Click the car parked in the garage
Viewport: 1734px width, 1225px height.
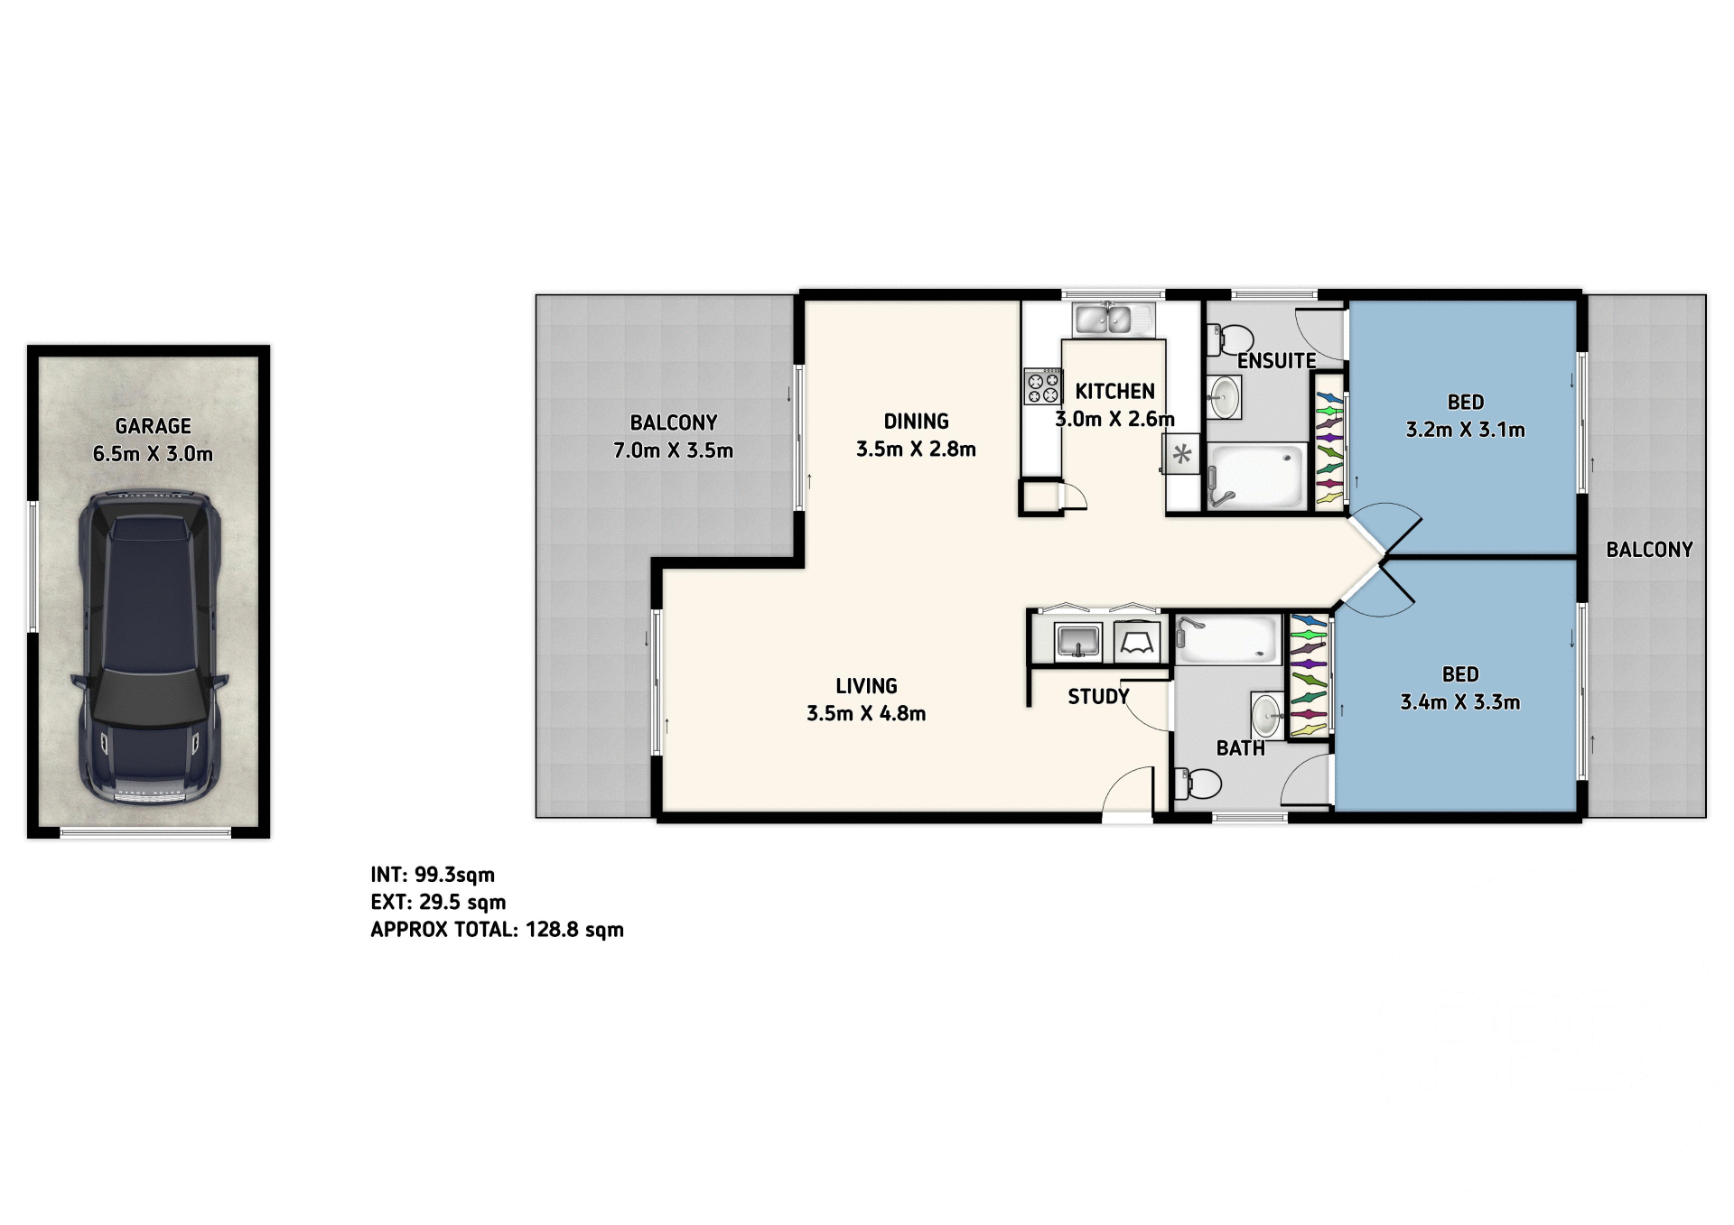pyautogui.click(x=150, y=647)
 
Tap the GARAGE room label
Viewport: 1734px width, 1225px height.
pyautogui.click(x=153, y=426)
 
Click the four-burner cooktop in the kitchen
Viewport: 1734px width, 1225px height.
pyautogui.click(x=1043, y=386)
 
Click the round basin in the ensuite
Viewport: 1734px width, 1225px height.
pyautogui.click(x=1225, y=396)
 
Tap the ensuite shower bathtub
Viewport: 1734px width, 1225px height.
pyautogui.click(x=1256, y=477)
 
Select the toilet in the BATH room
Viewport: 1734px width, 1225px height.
pyautogui.click(x=1196, y=782)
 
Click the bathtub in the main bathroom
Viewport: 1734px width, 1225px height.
pyautogui.click(x=1228, y=638)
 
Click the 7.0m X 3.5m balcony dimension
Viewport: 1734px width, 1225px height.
pyautogui.click(x=673, y=450)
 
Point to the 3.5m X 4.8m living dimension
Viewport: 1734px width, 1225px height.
pyautogui.click(x=865, y=714)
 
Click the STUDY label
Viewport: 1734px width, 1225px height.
pyautogui.click(x=1098, y=697)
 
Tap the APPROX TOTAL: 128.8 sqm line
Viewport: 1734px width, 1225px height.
pyautogui.click(x=497, y=930)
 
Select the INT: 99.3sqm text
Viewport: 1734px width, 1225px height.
pyautogui.click(x=433, y=875)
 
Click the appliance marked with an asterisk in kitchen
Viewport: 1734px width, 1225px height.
pyautogui.click(x=1181, y=456)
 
